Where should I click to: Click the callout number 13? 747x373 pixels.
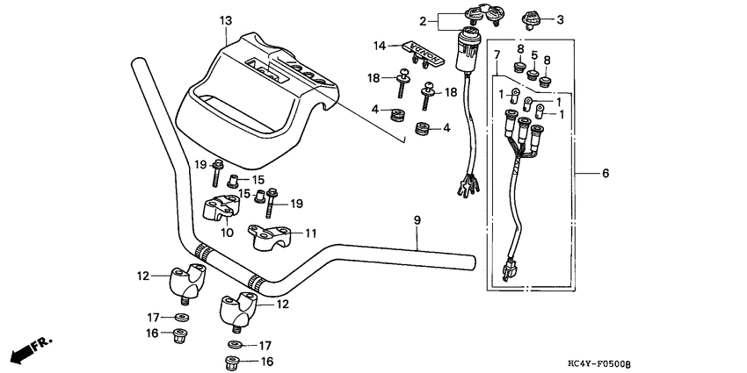(226, 19)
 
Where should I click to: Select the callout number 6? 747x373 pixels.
(606, 175)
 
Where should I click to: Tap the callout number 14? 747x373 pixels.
(380, 45)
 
